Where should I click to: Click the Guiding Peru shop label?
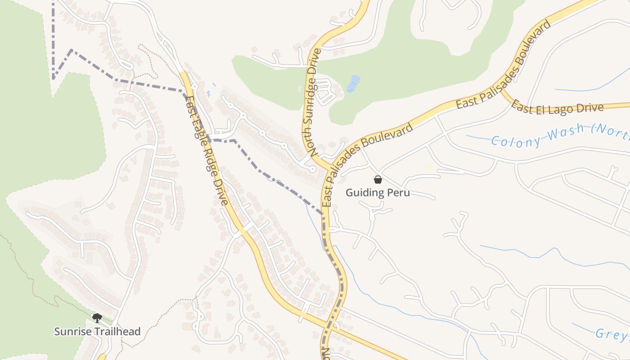tap(378, 193)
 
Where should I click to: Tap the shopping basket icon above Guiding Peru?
tap(378, 180)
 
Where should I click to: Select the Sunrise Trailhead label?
tap(97, 332)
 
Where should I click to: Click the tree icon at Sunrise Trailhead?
tap(97, 318)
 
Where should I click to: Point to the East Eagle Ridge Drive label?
tap(207, 150)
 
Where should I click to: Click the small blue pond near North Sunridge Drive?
tap(354, 83)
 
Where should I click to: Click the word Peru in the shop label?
tap(399, 193)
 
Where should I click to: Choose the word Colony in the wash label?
tap(516, 141)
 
